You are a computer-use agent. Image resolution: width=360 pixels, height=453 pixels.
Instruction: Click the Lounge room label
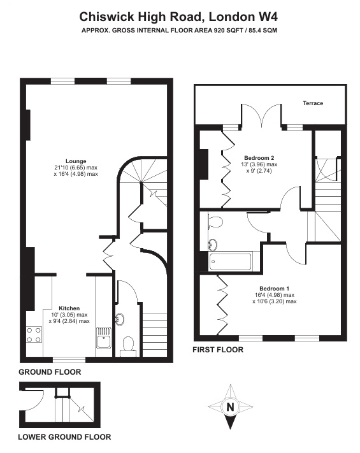[76, 161]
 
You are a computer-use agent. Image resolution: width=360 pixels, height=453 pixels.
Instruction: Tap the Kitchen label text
[69, 308]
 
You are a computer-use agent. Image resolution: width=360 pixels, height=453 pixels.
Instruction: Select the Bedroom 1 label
[274, 289]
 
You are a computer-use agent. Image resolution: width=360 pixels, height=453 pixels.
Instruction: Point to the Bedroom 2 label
[259, 158]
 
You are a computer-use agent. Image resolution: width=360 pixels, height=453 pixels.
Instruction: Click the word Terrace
[313, 103]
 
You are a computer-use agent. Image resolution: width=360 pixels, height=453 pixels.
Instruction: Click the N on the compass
[230, 407]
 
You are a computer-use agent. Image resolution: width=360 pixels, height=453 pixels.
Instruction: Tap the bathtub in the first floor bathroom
[230, 262]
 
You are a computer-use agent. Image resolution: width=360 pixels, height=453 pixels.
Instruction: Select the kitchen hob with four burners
[34, 334]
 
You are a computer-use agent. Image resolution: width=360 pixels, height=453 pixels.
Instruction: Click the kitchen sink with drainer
[103, 338]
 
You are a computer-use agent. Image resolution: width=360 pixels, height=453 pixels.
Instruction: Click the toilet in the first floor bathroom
[215, 222]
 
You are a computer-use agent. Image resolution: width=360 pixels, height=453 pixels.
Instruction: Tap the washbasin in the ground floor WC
[120, 320]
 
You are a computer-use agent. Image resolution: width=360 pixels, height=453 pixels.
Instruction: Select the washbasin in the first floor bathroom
[213, 245]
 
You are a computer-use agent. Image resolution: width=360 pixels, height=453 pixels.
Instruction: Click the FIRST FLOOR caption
[218, 350]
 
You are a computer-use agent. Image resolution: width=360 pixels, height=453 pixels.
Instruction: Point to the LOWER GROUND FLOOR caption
[64, 437]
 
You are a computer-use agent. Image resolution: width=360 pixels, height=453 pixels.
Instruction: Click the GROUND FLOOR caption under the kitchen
[50, 372]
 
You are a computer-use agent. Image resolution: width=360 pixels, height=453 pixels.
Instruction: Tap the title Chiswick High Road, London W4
[178, 17]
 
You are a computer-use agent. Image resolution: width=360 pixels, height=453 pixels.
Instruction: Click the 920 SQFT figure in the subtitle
[228, 30]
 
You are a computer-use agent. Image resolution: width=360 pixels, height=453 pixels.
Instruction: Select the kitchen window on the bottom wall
[69, 360]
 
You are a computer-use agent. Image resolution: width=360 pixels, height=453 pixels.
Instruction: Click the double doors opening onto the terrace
[261, 115]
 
